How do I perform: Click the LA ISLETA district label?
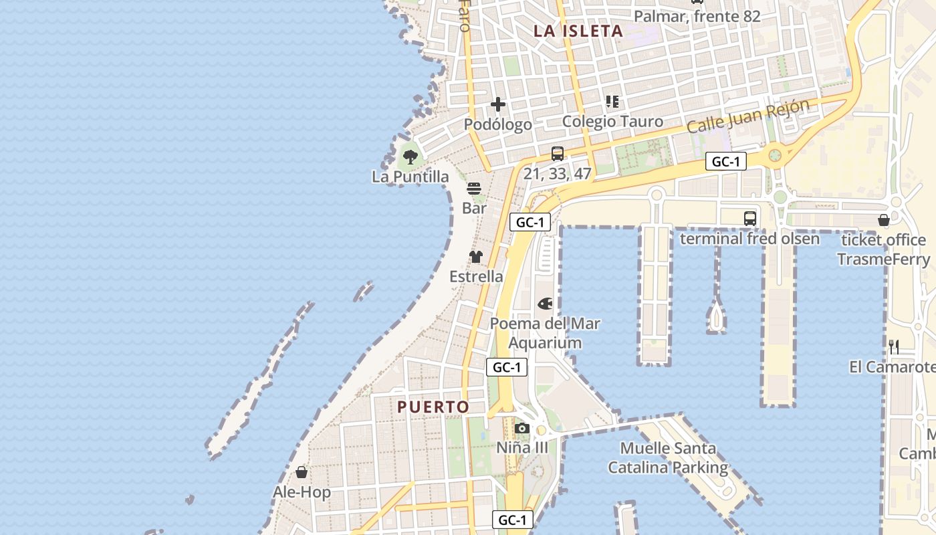(x=578, y=31)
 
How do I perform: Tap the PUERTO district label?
(x=433, y=407)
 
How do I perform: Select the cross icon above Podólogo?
(x=498, y=104)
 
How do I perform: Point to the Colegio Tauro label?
(x=612, y=121)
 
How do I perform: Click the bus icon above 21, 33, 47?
(x=558, y=153)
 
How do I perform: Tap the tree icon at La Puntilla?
(x=411, y=157)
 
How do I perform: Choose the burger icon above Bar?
(x=474, y=189)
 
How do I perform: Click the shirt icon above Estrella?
(x=475, y=257)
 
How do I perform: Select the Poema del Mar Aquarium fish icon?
(x=546, y=304)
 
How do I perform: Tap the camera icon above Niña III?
(x=522, y=428)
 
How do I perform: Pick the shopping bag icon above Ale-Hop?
(x=302, y=472)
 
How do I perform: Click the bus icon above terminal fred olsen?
(x=750, y=218)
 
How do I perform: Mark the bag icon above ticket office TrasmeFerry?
(x=883, y=219)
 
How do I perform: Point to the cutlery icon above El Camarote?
(x=894, y=346)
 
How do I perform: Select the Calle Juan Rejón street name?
(x=748, y=116)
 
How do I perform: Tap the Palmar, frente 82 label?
(x=697, y=16)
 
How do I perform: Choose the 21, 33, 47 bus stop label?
(x=558, y=173)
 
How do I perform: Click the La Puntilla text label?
(x=411, y=177)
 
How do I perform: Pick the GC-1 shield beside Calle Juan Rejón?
(x=725, y=161)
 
